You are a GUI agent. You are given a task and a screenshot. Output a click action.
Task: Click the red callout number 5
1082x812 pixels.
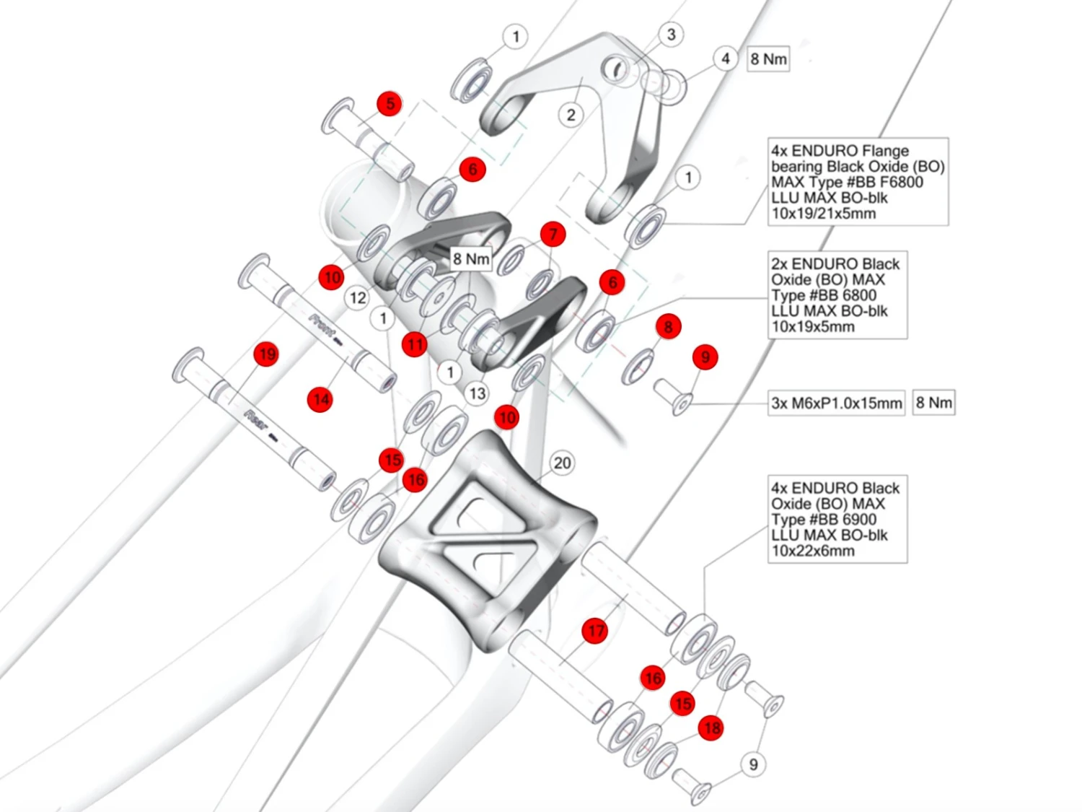(390, 104)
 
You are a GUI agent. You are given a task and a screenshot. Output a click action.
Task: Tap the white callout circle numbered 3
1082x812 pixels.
(671, 34)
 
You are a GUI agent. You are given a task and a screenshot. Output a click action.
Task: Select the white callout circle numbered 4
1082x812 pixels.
(725, 58)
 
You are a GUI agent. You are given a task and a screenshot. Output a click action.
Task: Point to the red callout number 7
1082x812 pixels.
(553, 234)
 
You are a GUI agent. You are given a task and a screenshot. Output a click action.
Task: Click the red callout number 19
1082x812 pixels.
(266, 354)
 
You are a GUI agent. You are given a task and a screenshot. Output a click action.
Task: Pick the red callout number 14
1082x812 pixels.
(320, 399)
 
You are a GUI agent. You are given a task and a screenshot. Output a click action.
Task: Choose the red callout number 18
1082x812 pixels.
(711, 728)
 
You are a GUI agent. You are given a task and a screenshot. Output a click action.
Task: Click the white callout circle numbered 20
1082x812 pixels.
(562, 463)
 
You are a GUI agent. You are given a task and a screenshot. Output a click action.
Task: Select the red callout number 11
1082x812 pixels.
(415, 344)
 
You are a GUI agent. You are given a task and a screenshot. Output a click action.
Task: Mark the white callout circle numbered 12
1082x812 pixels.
(358, 297)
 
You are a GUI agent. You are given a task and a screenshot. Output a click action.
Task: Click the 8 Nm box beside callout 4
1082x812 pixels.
(768, 59)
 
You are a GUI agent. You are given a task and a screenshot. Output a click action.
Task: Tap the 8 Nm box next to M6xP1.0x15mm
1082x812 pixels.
(934, 403)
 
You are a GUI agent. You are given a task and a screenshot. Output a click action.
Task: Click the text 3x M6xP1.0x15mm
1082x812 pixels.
(837, 403)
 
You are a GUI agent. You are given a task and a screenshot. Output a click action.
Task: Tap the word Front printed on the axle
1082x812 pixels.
(322, 326)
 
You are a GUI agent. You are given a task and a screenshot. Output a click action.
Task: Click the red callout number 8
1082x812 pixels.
(668, 326)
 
